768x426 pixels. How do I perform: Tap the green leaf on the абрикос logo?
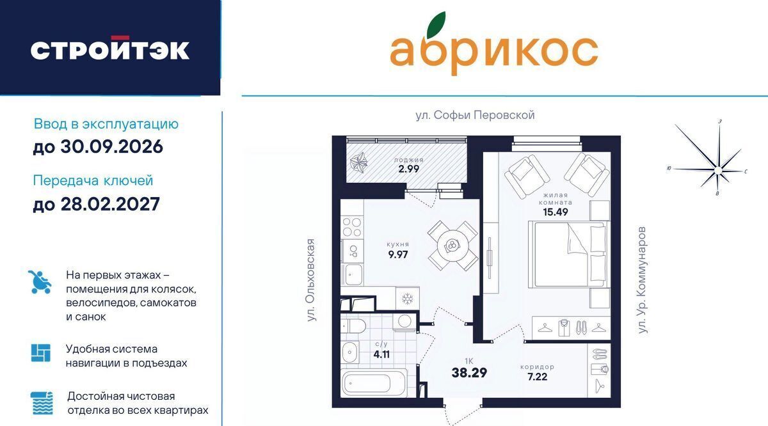[x=436, y=25]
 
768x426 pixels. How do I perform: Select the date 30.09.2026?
[x=111, y=146]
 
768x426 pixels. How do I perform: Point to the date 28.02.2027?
[x=110, y=204]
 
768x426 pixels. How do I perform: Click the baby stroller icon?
[x=40, y=281]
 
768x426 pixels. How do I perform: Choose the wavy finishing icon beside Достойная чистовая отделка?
[x=42, y=403]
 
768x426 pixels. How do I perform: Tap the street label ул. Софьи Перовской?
[x=475, y=115]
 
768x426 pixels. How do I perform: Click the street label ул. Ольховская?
[x=310, y=280]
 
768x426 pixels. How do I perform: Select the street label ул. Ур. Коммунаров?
[x=642, y=280]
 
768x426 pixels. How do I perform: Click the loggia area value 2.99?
[x=409, y=169]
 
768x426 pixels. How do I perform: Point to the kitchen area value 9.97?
[x=398, y=255]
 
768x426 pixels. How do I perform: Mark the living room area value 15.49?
[x=556, y=212]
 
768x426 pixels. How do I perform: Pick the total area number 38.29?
[x=469, y=372]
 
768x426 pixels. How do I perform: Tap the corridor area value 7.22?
[x=537, y=377]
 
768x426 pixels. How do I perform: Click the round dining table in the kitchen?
[x=452, y=245]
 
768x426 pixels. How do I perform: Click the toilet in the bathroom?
[x=354, y=327]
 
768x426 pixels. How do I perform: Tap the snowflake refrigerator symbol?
[x=407, y=299]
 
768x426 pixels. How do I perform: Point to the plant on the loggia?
[x=358, y=162]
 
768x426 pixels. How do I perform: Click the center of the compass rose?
[x=717, y=170]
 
